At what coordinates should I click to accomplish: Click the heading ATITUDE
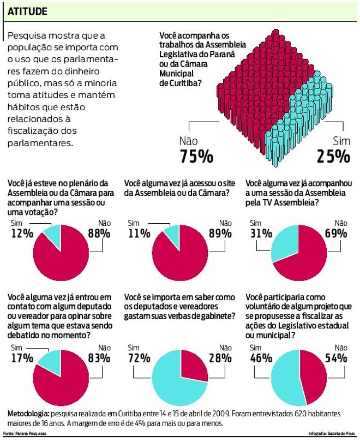[x=27, y=11]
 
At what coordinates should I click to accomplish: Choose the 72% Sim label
[x=139, y=359]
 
